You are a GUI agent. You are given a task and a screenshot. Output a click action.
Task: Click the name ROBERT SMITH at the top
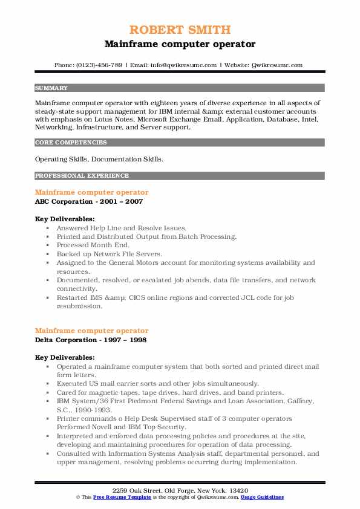pyautogui.click(x=180, y=30)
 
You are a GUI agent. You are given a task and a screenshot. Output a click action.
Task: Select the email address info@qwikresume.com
pyautogui.click(x=184, y=65)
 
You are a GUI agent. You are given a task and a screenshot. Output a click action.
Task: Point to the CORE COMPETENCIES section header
pyautogui.click(x=71, y=143)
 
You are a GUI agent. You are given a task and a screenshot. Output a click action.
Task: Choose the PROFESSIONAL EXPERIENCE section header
pyautogui.click(x=82, y=176)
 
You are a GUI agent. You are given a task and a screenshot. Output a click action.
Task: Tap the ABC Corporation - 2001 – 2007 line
pyautogui.click(x=89, y=201)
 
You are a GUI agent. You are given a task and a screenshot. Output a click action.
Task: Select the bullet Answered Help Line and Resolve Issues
pyautogui.click(x=116, y=229)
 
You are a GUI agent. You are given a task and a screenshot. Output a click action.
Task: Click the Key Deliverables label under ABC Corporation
pyautogui.click(x=64, y=219)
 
